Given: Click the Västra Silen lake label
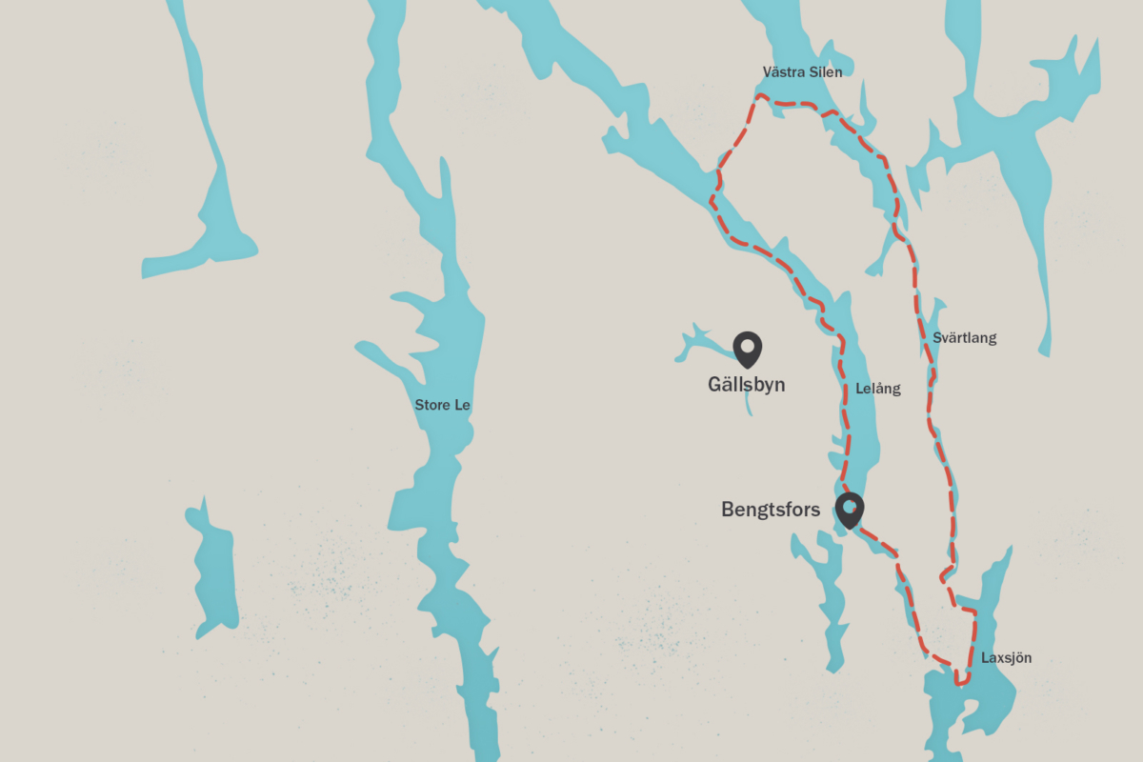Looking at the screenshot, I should point(802,71).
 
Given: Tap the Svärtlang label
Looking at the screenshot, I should point(965,338).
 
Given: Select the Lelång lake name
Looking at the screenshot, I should point(877,389).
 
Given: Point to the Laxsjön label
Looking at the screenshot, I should point(1006,658).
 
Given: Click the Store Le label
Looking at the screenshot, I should point(442,406).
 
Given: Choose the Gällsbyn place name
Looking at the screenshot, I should point(746,385).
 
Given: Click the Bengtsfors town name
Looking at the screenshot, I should point(771,511).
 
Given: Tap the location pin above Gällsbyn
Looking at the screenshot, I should point(748,350).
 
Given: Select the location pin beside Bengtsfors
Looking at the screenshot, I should point(849,511).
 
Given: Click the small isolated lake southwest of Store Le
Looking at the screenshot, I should point(214,571).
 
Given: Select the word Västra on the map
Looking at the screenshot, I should point(782,71).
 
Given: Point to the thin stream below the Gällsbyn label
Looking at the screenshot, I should point(749,406).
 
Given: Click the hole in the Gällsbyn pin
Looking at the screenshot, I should point(748,345).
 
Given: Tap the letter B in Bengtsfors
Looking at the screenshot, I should point(727,511).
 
